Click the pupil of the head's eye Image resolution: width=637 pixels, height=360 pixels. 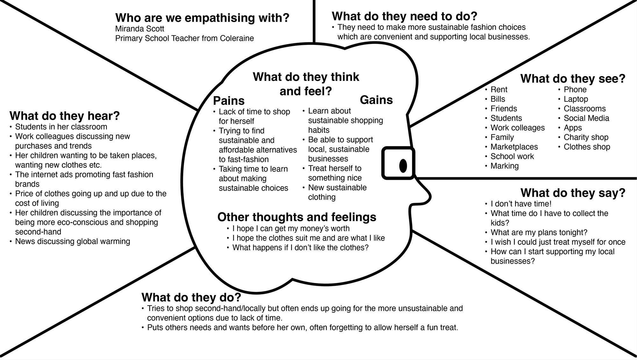point(403,166)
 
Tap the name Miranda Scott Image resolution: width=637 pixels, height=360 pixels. point(140,29)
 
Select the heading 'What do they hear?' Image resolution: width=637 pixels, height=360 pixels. point(65,116)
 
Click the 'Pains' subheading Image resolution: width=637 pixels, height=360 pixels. point(229,101)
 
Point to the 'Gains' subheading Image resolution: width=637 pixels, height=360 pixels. point(376,100)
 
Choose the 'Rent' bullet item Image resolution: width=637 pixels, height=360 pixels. point(499,89)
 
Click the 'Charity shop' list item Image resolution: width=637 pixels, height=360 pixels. point(586,137)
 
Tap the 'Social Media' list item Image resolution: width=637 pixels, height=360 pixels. point(586,118)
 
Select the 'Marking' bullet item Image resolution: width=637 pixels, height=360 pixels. point(505,166)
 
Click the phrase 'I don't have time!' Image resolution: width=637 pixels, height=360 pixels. point(521,204)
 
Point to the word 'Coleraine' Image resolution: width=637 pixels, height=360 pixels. point(237,38)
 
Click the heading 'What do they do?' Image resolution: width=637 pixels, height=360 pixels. point(191,297)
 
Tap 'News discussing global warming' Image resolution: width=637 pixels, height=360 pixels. point(73,241)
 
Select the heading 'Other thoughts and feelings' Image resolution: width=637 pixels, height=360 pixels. point(297,217)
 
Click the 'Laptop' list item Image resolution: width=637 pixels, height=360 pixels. point(576,99)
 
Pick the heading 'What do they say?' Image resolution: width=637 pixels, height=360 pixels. point(573,193)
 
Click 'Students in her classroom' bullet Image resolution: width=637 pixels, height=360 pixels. point(61,127)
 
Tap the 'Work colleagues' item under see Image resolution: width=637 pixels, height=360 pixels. point(518,128)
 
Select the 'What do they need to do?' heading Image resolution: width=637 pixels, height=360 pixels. point(404,16)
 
